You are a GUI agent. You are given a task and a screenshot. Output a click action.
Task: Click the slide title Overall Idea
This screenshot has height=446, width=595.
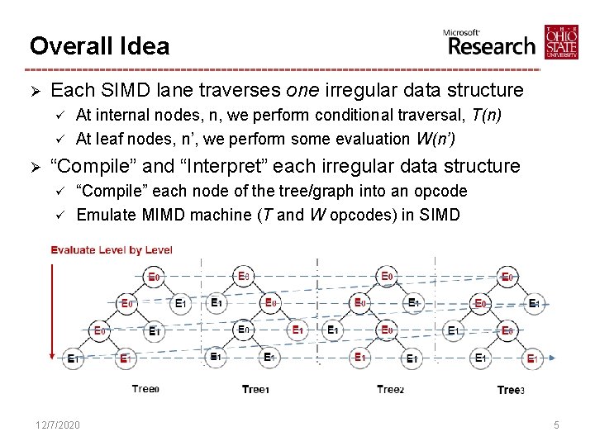[99, 45]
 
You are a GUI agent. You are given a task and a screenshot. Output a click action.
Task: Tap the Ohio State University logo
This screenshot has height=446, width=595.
[561, 42]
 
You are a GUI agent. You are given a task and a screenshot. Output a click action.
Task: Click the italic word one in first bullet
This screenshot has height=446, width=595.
[304, 90]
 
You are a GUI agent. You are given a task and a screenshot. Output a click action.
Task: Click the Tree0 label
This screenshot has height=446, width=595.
[145, 389]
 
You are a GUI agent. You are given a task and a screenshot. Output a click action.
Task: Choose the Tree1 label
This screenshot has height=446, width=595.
[255, 389]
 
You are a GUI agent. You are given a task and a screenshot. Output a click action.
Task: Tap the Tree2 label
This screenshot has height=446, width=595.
[391, 389]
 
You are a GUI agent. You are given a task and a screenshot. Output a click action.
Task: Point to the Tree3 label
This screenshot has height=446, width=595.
[511, 390]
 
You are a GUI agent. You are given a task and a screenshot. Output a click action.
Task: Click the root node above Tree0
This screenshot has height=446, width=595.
[154, 277]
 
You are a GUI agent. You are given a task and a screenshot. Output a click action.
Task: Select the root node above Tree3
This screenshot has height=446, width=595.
[508, 277]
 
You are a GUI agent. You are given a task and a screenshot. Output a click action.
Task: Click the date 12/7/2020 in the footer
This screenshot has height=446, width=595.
[58, 425]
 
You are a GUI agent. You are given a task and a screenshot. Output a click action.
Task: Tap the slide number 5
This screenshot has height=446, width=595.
[557, 425]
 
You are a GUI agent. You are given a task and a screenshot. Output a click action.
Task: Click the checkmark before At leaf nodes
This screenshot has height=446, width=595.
[59, 138]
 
